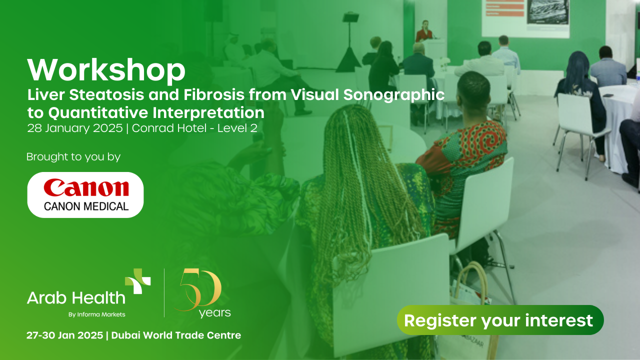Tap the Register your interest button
[500, 320]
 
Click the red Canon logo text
[86, 188]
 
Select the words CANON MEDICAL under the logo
[86, 205]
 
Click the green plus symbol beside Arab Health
[138, 281]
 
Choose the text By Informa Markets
[96, 314]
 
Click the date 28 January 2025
[74, 128]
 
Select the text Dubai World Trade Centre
[176, 335]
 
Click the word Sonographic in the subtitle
[395, 95]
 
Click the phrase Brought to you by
[73, 157]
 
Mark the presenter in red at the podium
[425, 32]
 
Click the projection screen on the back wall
[525, 18]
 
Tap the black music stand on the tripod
[350, 18]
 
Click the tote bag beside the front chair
[470, 310]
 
